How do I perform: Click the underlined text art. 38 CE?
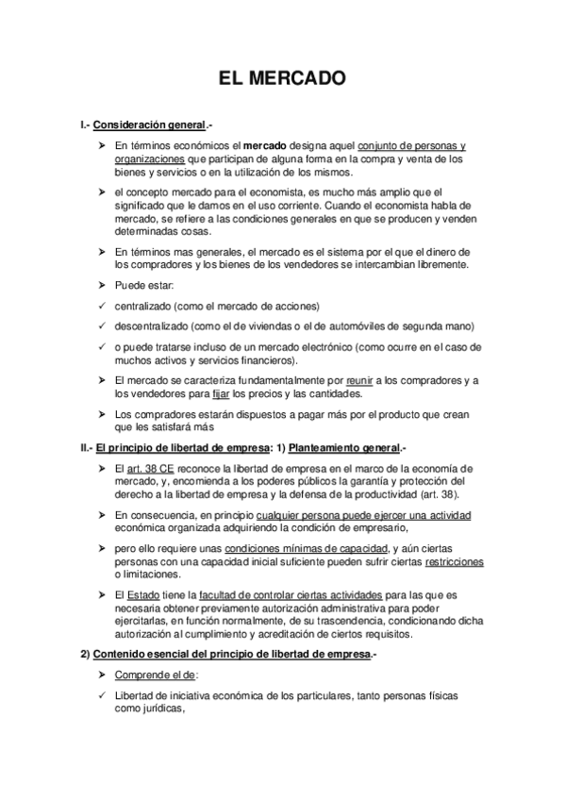coord(147,469)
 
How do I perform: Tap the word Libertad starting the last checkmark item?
coord(134,695)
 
